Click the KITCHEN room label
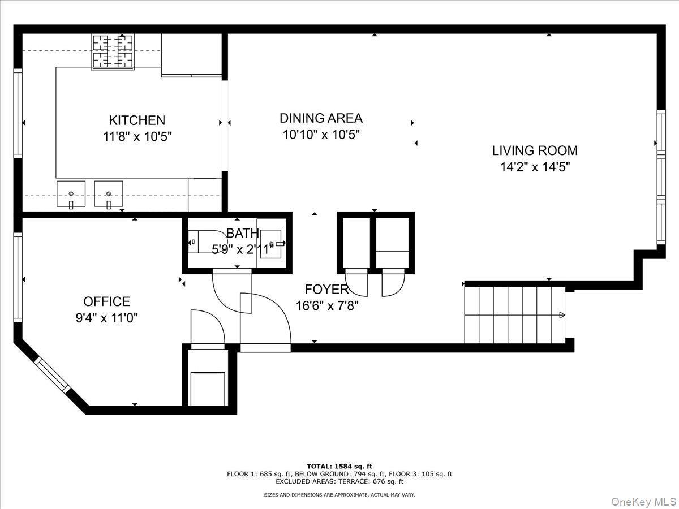(137, 120)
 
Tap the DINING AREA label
(321, 118)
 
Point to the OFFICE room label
(106, 301)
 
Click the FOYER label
(326, 290)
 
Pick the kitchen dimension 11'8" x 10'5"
(137, 136)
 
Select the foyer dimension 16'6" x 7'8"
(326, 306)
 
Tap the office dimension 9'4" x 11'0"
(106, 318)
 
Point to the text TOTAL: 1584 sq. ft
(339, 466)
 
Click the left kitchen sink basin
(71, 194)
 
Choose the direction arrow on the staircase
(561, 315)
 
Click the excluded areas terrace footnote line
(339, 482)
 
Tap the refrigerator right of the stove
(191, 54)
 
